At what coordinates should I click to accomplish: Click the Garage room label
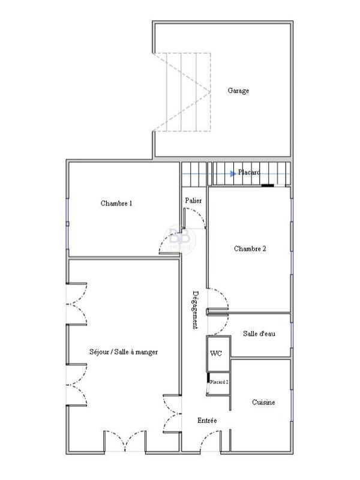pos(238,91)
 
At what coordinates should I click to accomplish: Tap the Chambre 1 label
pos(116,204)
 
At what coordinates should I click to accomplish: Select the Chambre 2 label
pos(250,249)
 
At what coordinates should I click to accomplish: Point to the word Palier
pos(193,200)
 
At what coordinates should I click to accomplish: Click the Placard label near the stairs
pos(249,173)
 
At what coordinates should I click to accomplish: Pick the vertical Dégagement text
pos(196,310)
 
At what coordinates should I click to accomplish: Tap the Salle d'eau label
pos(259,334)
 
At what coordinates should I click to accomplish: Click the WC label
pos(216,353)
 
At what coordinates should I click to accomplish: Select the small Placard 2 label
pos(218,382)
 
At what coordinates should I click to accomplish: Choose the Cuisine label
pos(263,403)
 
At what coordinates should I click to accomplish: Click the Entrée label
pos(207,421)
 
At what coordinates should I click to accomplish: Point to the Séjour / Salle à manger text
pos(124,352)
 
